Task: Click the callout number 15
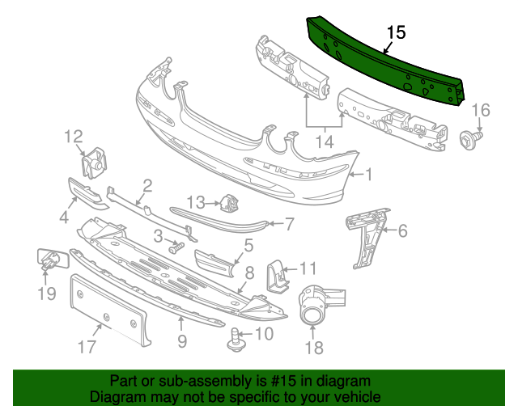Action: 396,32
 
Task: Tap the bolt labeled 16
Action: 470,139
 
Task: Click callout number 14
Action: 325,142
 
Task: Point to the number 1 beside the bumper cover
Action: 368,175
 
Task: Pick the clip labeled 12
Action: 94,163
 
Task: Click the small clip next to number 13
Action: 230,204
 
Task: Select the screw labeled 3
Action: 177,247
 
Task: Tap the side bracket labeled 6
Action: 367,237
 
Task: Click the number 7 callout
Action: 290,224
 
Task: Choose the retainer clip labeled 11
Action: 278,276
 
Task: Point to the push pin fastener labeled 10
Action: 236,340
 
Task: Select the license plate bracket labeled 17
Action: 109,310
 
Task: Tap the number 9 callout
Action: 182,340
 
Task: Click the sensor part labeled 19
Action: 52,260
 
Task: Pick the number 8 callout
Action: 250,272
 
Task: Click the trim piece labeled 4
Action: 87,194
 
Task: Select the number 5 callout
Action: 248,245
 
